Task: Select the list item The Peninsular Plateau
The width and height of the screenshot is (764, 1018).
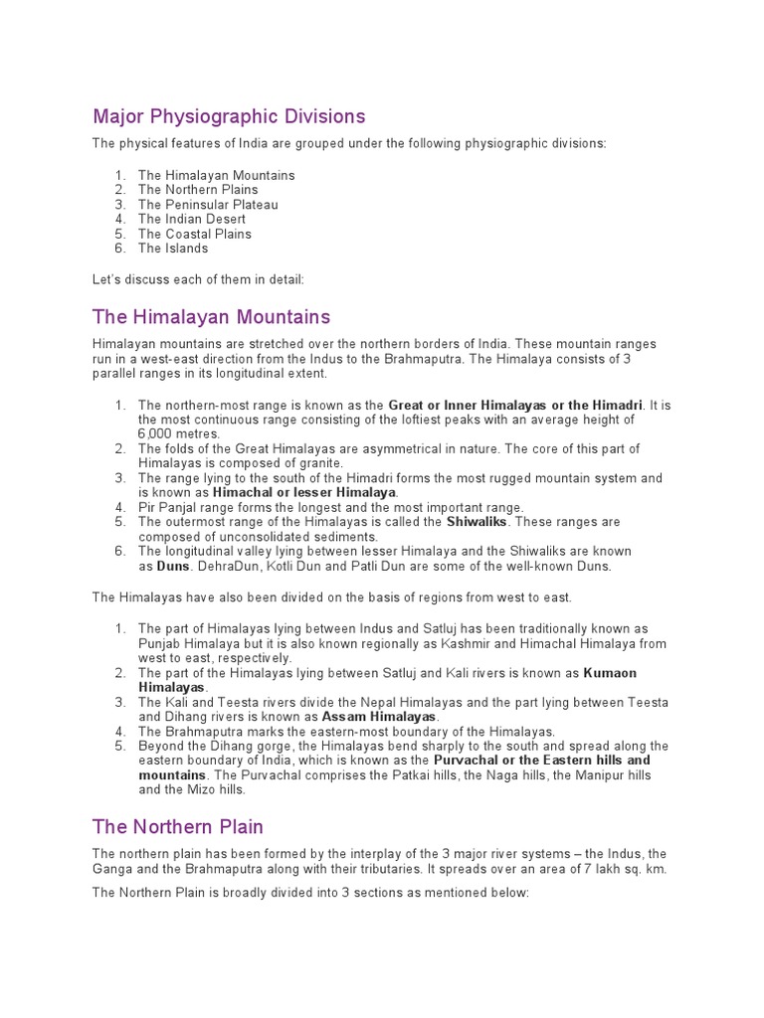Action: coord(208,205)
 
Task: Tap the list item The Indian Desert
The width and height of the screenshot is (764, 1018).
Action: coord(192,219)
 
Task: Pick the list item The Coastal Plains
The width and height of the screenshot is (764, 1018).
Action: coord(195,234)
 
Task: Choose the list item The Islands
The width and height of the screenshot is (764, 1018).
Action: coord(173,249)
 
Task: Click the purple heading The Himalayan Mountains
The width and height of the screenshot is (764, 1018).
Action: coord(211,317)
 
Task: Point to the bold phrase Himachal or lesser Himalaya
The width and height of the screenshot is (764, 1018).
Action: coord(304,492)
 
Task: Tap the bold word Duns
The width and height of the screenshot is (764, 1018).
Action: coord(172,566)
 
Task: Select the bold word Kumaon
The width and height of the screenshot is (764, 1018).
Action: coord(610,673)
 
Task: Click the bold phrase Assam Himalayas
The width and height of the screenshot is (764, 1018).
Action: coord(378,716)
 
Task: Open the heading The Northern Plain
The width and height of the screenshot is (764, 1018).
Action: coord(178,827)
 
